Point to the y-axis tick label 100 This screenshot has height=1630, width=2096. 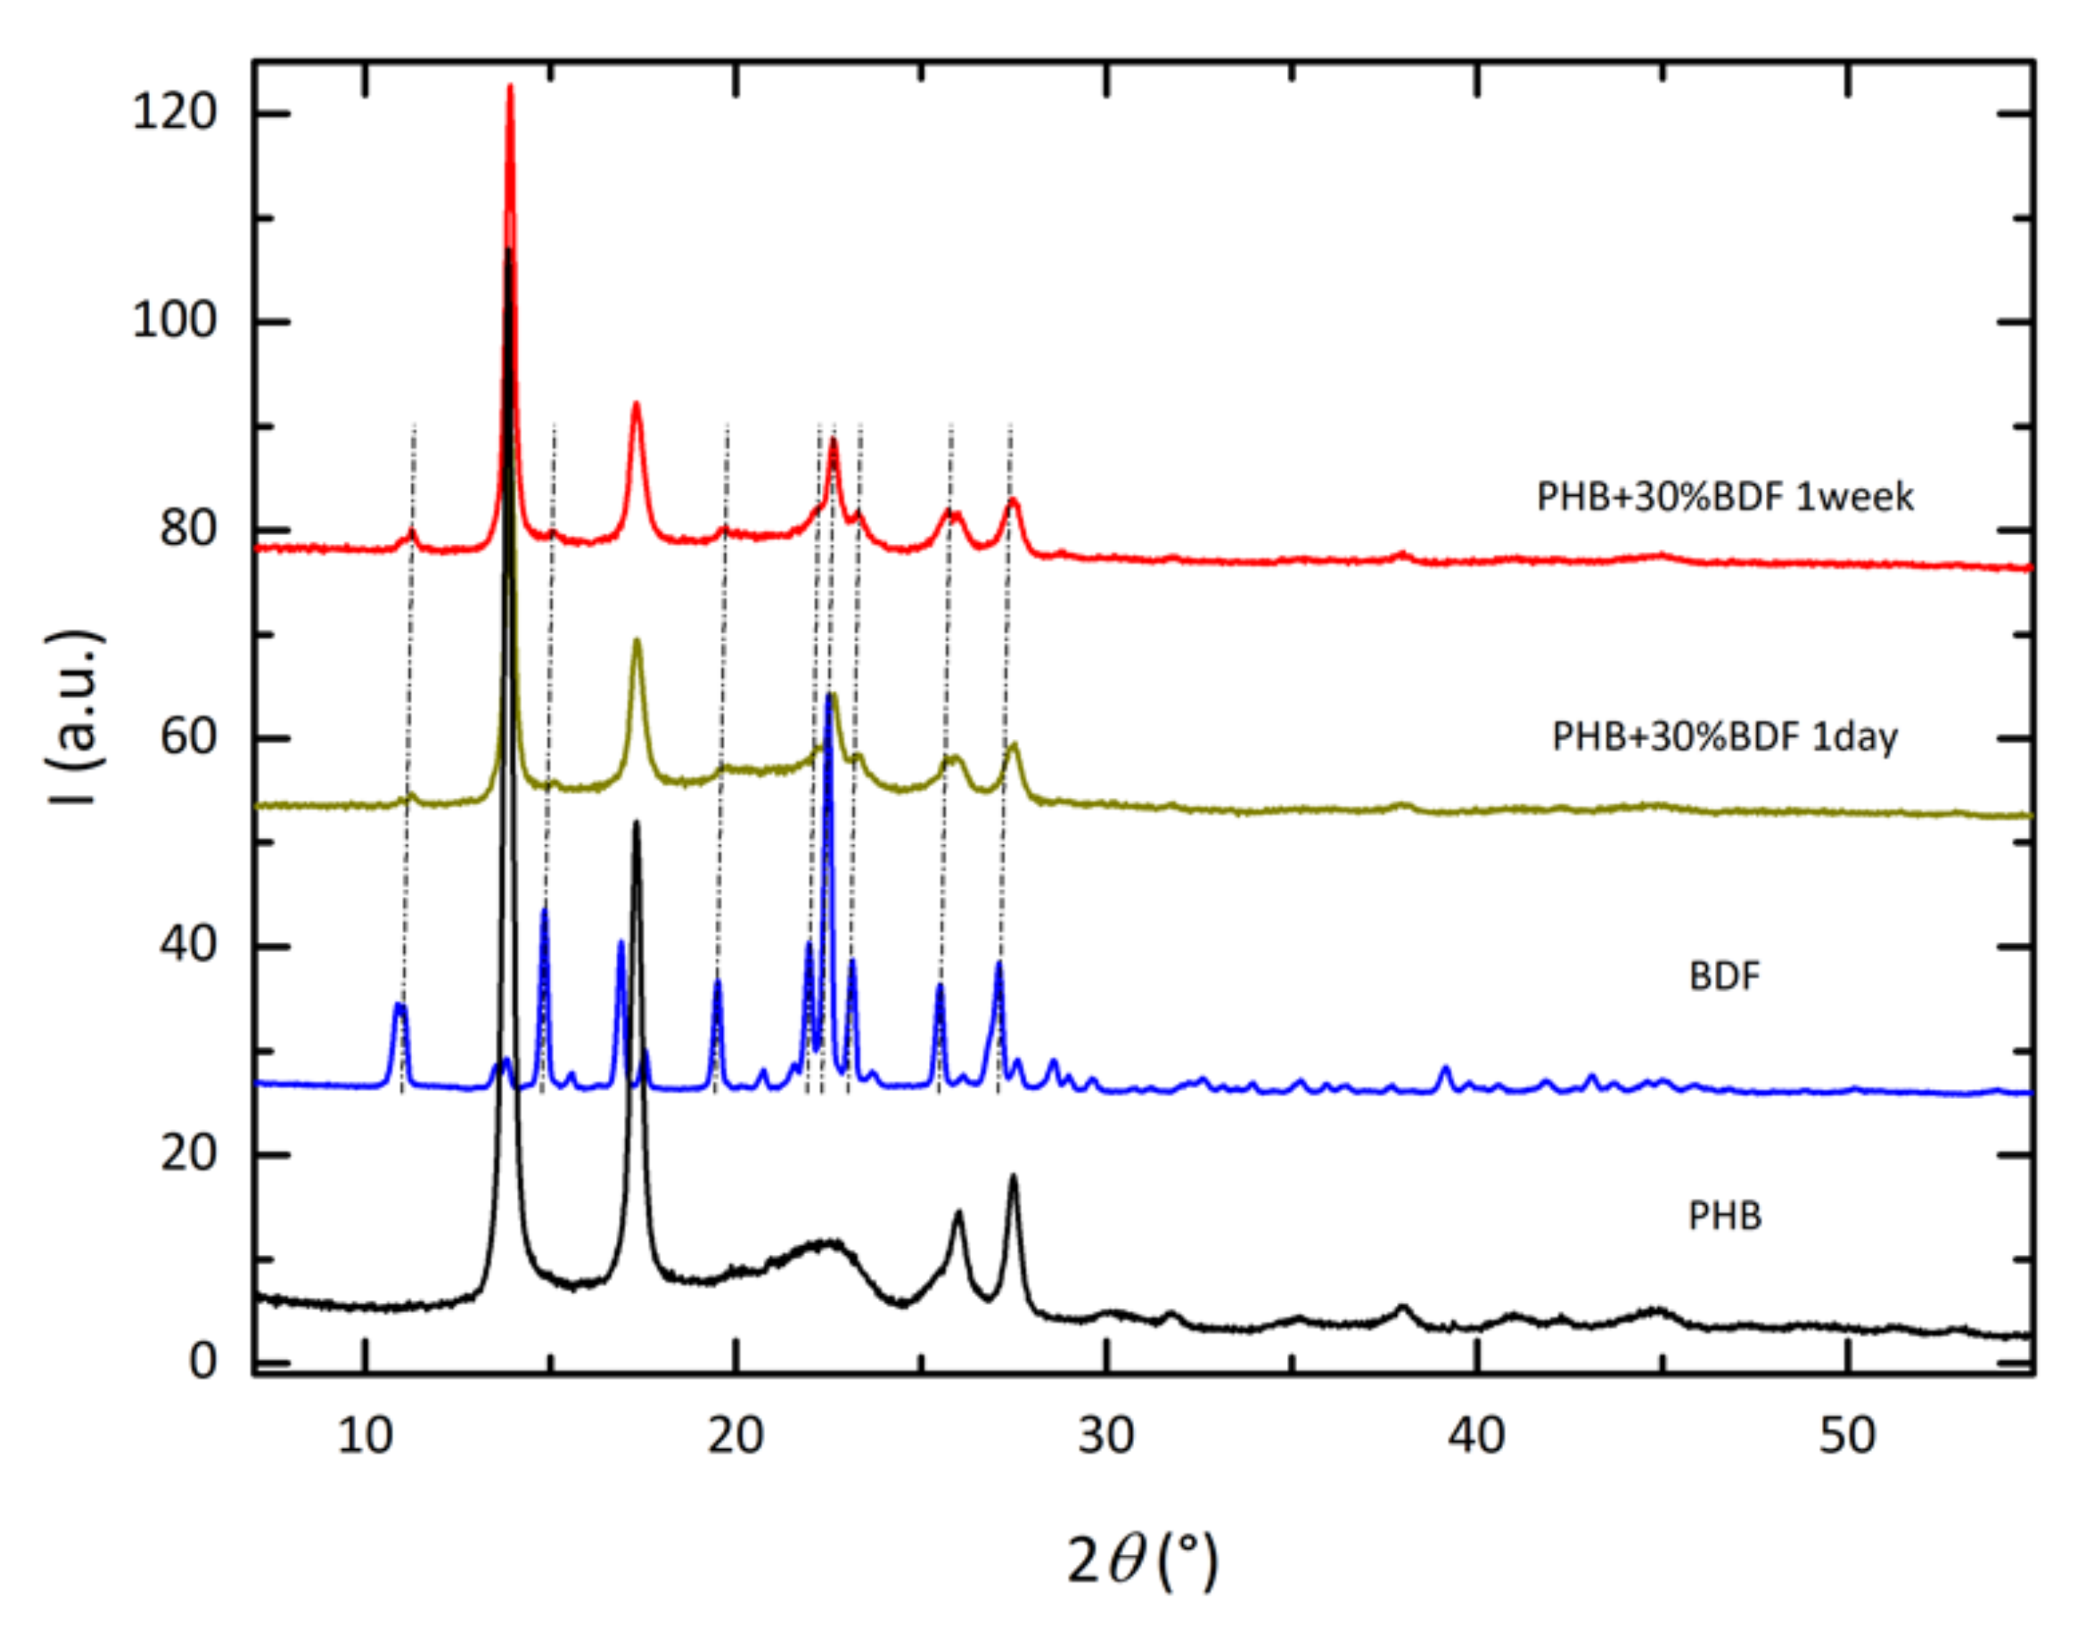point(174,321)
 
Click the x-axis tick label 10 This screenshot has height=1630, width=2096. point(365,1436)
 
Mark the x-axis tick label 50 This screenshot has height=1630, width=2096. point(1846,1436)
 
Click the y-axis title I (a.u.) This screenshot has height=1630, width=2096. point(75,717)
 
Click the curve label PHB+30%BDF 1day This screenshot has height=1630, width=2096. point(1725,737)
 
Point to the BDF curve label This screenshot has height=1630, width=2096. point(1725,976)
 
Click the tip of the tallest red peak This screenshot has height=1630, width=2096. point(510,86)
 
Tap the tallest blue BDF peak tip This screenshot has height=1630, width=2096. point(828,696)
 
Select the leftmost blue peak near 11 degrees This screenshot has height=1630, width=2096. point(401,1005)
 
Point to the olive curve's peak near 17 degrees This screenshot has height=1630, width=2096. point(636,641)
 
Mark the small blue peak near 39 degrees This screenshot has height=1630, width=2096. point(1446,1068)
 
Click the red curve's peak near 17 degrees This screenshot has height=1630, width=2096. point(635,404)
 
